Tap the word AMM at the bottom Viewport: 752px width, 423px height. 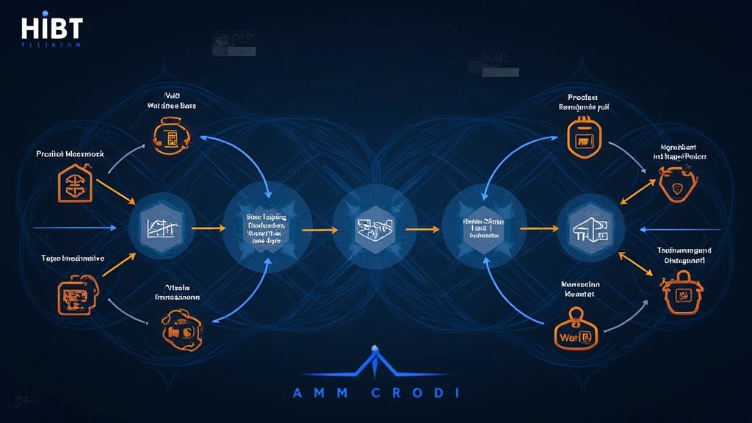click(317, 394)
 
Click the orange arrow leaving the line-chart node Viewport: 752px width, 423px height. click(209, 228)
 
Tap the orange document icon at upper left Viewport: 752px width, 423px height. click(172, 136)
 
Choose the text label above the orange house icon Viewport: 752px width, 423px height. click(70, 154)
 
